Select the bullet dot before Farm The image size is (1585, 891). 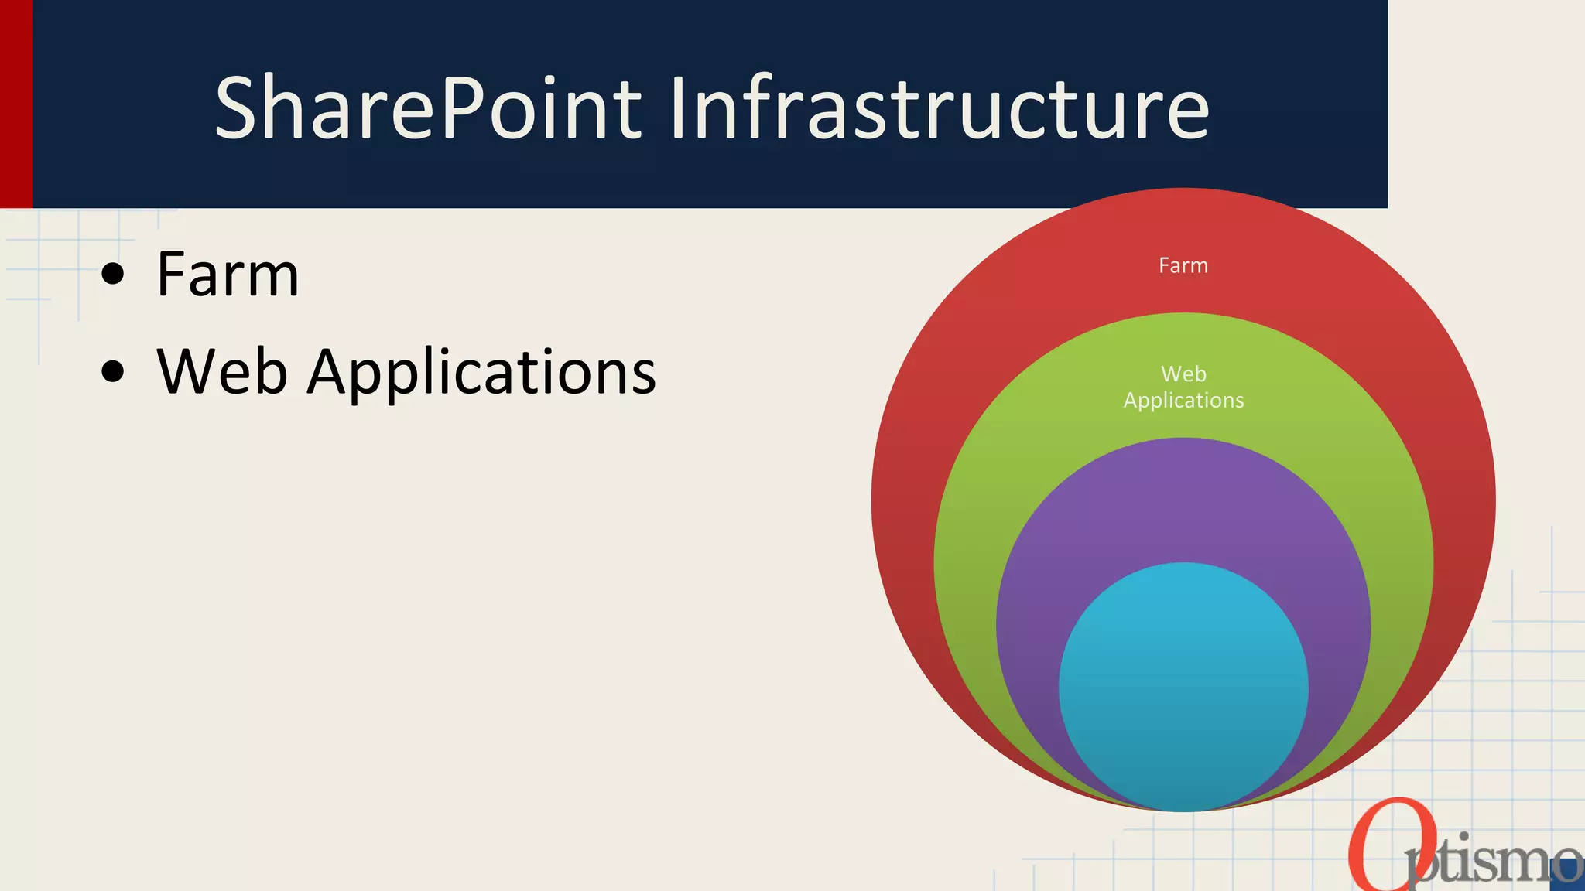[x=113, y=274]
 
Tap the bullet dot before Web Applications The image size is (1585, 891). [x=113, y=371]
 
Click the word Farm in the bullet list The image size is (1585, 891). [x=228, y=275]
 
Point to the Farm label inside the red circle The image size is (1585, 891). [x=1183, y=266]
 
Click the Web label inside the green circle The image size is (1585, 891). [x=1183, y=374]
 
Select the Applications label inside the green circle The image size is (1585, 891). [x=1183, y=401]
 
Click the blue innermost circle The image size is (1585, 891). [x=1183, y=688]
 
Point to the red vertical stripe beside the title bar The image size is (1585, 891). [x=15, y=104]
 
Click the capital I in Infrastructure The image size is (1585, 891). [x=678, y=108]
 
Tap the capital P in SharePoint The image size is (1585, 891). [x=464, y=108]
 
